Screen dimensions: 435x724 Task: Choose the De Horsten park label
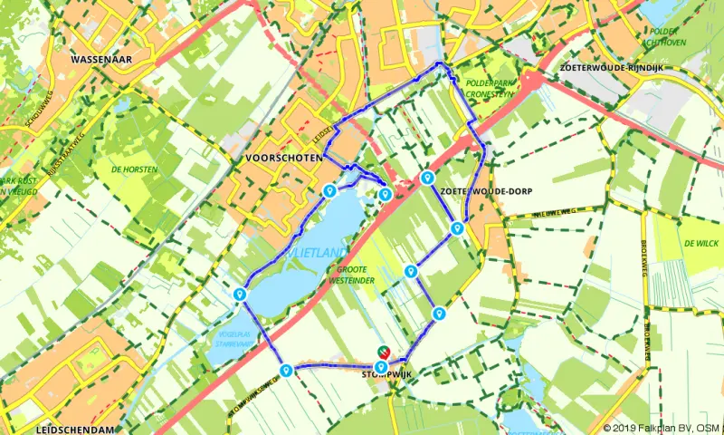135,169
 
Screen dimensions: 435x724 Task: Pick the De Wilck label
700,243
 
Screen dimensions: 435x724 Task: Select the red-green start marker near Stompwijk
383,353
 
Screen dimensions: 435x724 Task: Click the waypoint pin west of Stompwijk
286,370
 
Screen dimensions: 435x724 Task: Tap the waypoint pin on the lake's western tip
240,294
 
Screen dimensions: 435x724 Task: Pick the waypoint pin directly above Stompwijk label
381,366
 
